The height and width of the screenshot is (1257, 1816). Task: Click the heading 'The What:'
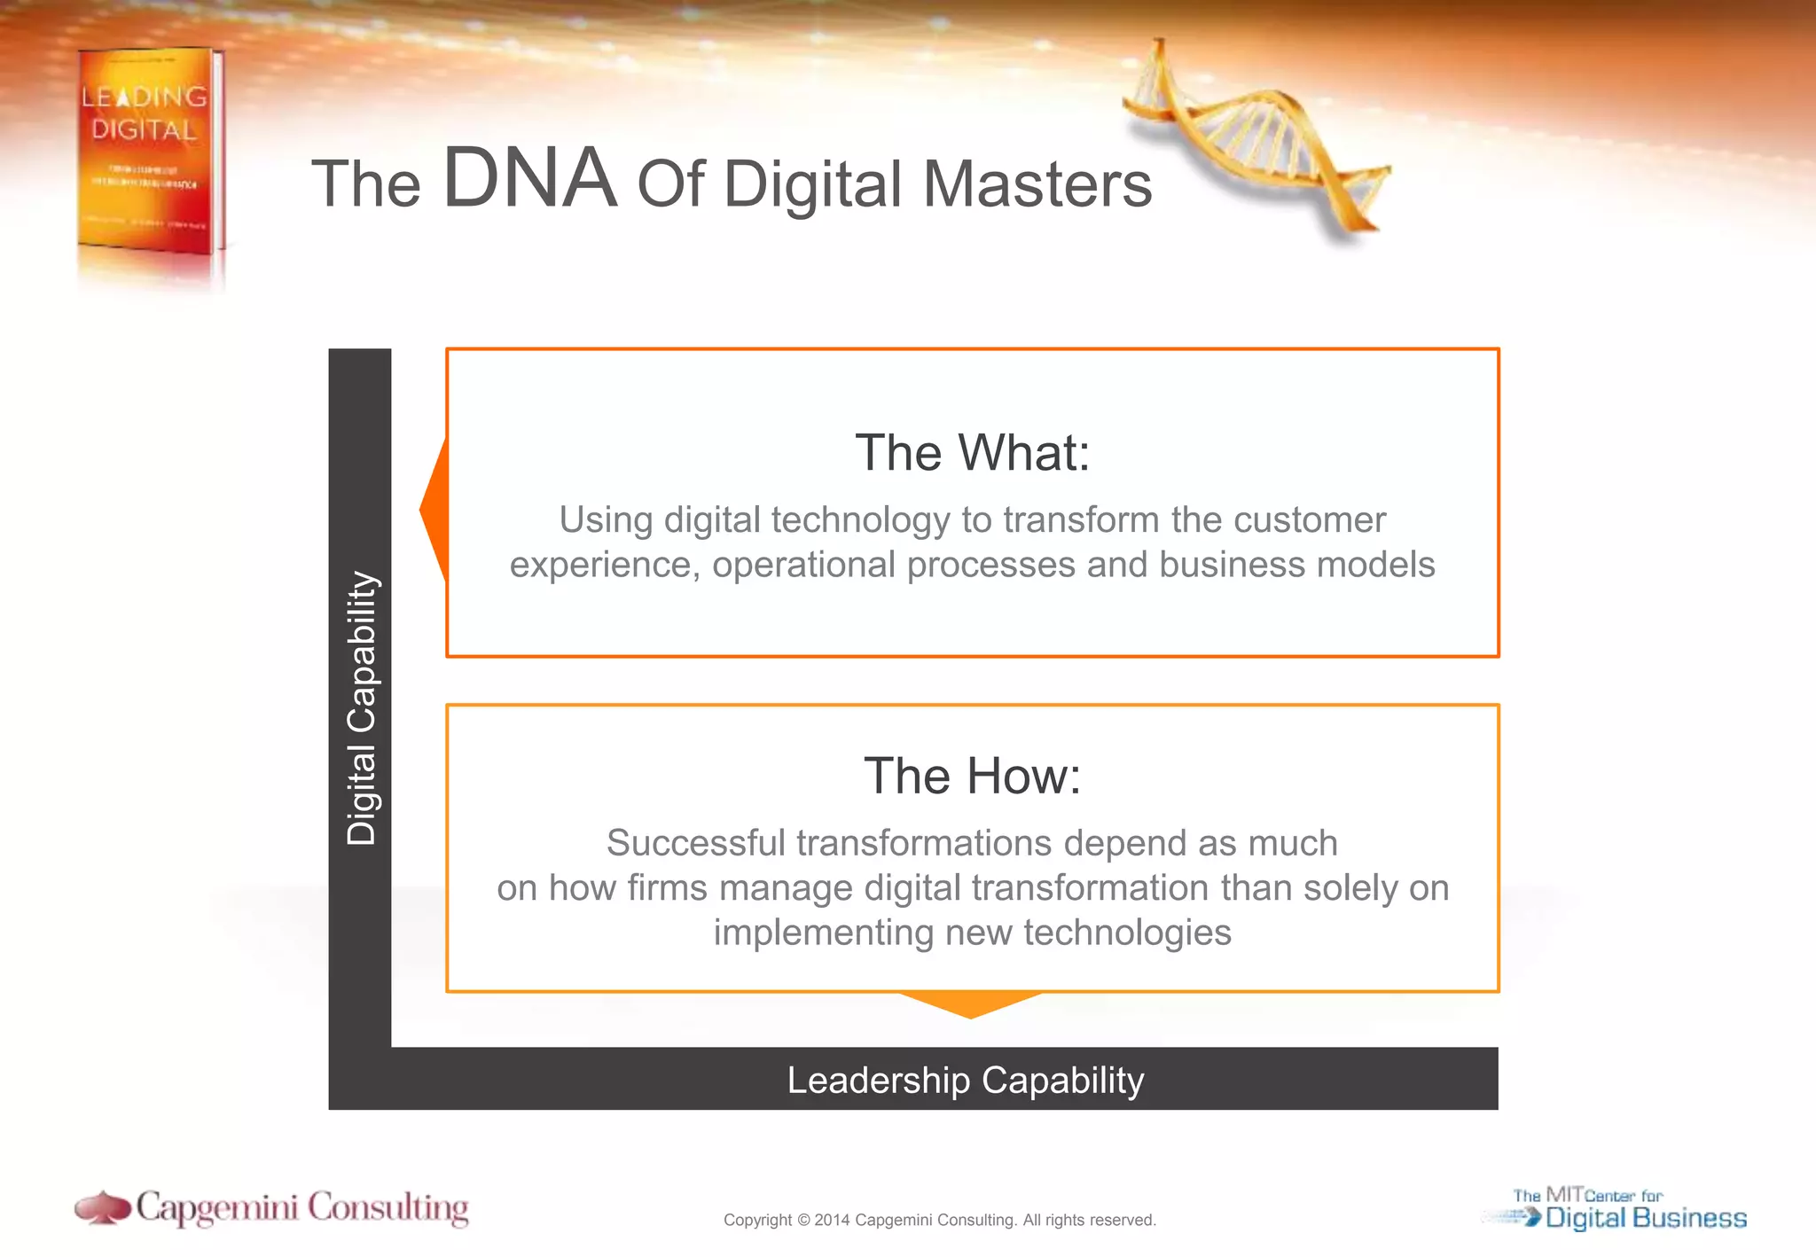pos(972,453)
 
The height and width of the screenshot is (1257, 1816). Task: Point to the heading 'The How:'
pos(972,776)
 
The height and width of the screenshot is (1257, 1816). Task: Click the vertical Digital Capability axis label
pos(362,707)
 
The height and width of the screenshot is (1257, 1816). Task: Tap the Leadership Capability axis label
pos(966,1081)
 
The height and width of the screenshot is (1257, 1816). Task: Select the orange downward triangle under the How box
pos(970,1003)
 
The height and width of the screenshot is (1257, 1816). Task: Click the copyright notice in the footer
pos(940,1220)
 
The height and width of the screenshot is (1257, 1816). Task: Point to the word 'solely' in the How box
pos(1349,887)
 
